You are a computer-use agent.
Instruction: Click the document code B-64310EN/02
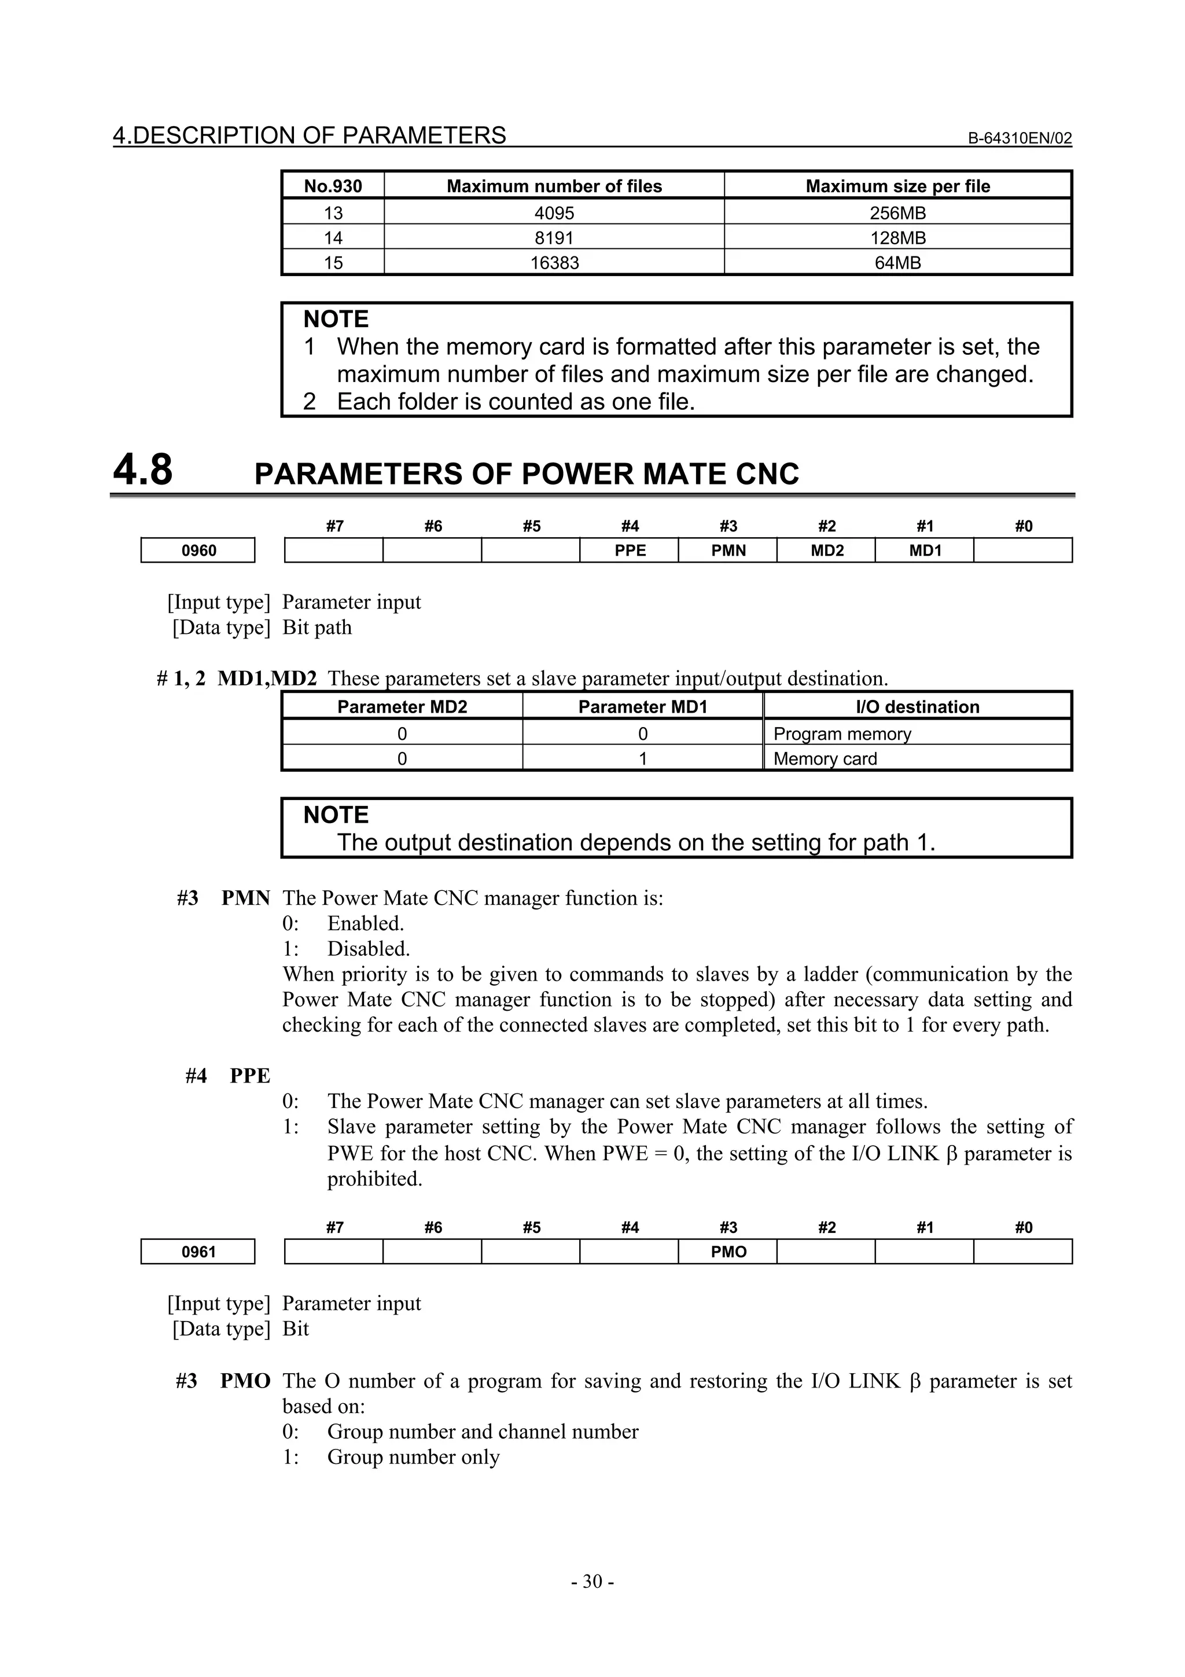pos(1020,138)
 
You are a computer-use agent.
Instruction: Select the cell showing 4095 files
pos(554,212)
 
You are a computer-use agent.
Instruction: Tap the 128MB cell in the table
pos(897,237)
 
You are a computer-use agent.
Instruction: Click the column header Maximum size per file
pos(897,186)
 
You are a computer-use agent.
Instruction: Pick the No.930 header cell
pos(333,186)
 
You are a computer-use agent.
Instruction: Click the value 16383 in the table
pos(554,262)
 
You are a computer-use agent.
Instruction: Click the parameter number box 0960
pos(198,550)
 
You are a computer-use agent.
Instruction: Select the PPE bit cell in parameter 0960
pos(630,550)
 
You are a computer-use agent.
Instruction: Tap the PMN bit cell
pos(728,550)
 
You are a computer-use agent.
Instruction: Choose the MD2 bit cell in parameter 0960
pos(826,550)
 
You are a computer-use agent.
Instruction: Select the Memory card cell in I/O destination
pos(825,758)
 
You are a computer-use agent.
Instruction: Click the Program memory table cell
pos(842,733)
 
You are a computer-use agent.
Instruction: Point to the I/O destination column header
pos(917,706)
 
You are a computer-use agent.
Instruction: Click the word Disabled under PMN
pos(368,948)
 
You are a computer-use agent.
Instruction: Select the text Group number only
pos(413,1456)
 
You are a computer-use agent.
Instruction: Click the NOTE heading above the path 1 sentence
pos(336,814)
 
